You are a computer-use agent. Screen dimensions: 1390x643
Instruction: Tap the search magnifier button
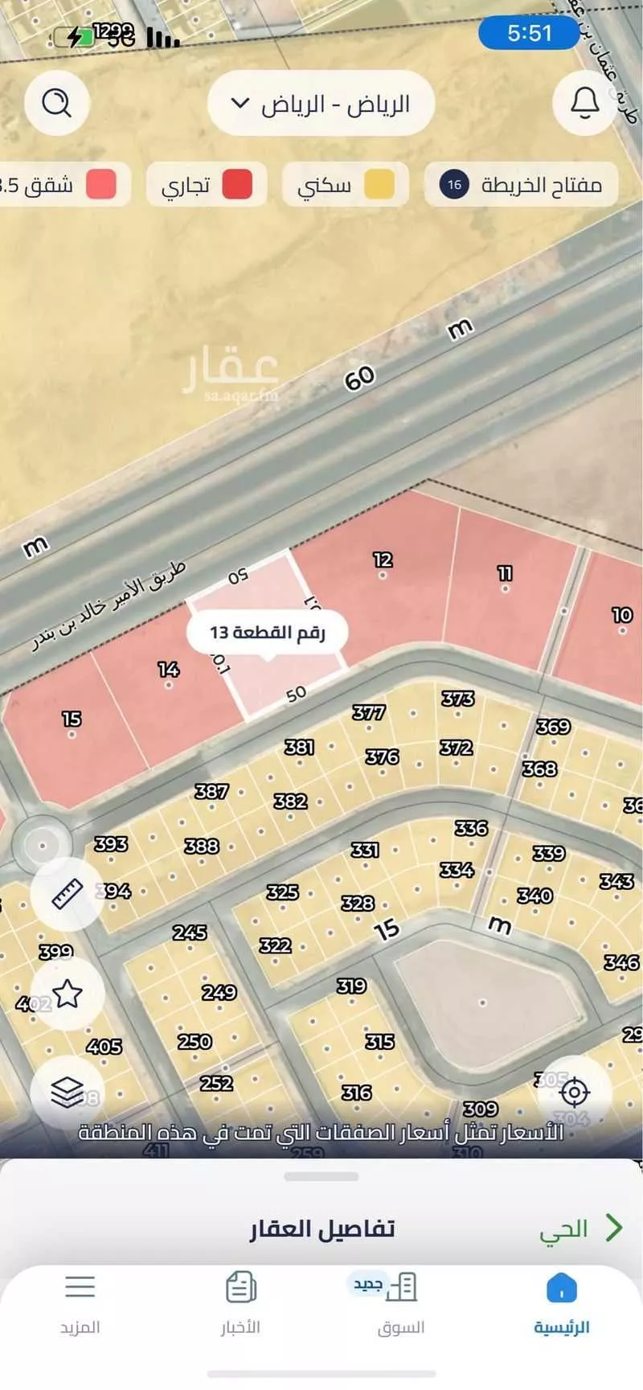pos(56,103)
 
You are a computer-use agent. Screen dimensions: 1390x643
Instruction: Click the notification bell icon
pos(584,103)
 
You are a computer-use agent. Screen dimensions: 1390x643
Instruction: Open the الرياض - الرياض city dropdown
pos(321,104)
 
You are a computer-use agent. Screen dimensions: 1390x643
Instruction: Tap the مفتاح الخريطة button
pos(521,185)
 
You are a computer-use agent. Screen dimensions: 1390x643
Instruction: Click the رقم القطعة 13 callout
pos(268,632)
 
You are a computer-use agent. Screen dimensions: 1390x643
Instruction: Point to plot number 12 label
pos(383,560)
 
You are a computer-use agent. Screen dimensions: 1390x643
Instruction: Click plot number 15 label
pos(72,718)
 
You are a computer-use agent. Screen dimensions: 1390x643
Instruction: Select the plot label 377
pos(369,712)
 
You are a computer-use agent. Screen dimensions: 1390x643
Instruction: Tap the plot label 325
pos(282,892)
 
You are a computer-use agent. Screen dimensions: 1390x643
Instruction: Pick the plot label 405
pos(104,1046)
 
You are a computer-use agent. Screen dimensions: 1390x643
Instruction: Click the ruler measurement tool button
pos(68,894)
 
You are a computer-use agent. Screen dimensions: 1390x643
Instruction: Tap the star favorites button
pos(68,994)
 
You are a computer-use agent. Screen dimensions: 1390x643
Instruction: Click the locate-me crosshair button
pos(574,1092)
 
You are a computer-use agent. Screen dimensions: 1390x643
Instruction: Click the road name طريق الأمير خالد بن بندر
pos(109,606)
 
